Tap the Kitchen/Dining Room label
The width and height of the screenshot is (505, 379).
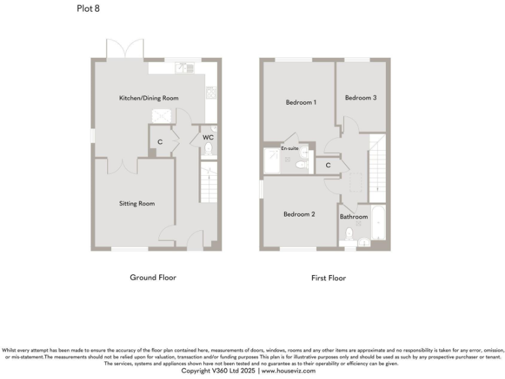pos(149,98)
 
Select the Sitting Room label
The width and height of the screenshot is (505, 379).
pos(137,203)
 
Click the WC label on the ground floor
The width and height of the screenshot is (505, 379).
pos(208,137)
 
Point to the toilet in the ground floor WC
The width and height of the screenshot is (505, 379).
pos(208,149)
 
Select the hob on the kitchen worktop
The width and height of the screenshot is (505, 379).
pos(211,93)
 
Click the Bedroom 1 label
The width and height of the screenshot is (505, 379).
pos(301,103)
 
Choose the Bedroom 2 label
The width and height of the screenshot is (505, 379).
pos(299,214)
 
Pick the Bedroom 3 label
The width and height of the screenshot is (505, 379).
pos(361,98)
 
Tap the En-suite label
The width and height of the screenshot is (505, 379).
pos(290,149)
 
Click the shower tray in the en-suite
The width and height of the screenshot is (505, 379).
pos(271,160)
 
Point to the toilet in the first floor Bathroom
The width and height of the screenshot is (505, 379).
pos(349,236)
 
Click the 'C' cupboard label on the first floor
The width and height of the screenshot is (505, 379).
pos(328,165)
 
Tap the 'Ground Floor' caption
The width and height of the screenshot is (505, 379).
pos(153,277)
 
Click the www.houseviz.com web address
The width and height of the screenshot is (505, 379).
pos(289,371)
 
